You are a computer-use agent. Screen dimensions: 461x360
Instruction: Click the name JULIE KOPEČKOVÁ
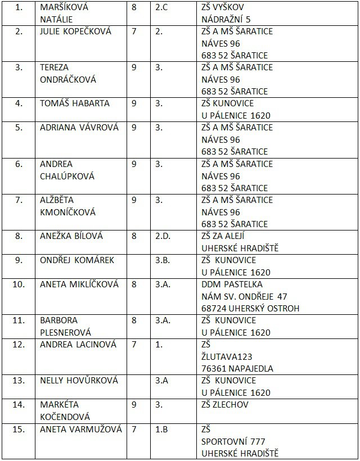[75, 31]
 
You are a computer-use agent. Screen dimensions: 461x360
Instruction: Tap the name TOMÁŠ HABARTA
[75, 103]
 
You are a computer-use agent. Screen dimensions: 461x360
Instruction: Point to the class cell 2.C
[163, 7]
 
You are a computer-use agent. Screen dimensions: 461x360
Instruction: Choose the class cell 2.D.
[163, 236]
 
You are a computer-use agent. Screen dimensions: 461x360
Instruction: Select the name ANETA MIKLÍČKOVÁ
[79, 284]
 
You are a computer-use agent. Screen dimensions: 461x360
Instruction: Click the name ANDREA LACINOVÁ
[78, 345]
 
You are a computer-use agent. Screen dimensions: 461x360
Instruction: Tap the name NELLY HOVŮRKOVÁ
[79, 381]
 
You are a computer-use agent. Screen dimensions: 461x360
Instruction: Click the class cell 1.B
[161, 430]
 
